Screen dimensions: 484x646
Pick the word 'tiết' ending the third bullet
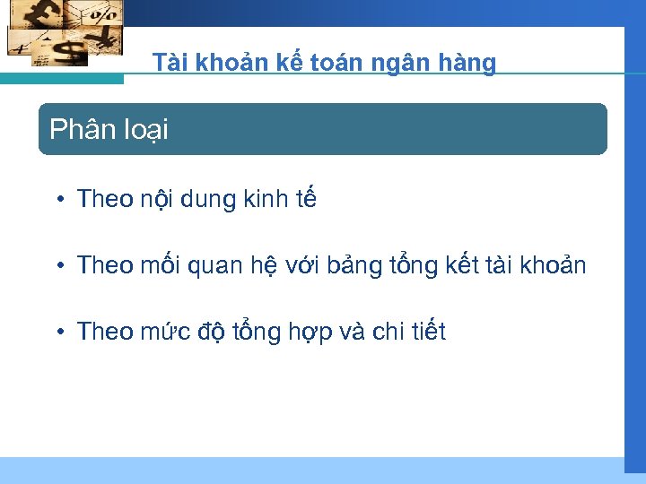(429, 333)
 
